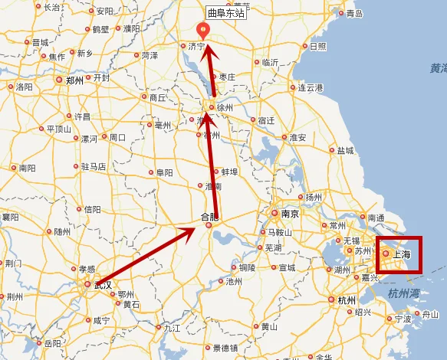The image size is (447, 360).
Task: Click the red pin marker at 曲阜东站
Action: pos(203,31)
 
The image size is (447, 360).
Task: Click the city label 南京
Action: pos(288,214)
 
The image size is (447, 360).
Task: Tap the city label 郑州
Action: pos(74,79)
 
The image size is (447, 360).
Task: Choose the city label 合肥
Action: pos(209,217)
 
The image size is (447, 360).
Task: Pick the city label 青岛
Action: pos(353,14)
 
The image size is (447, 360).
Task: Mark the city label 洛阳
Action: pos(25,87)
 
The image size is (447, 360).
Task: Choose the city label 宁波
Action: pos(403,318)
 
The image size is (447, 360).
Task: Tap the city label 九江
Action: pos(172,327)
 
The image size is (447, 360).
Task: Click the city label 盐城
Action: pos(346,151)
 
